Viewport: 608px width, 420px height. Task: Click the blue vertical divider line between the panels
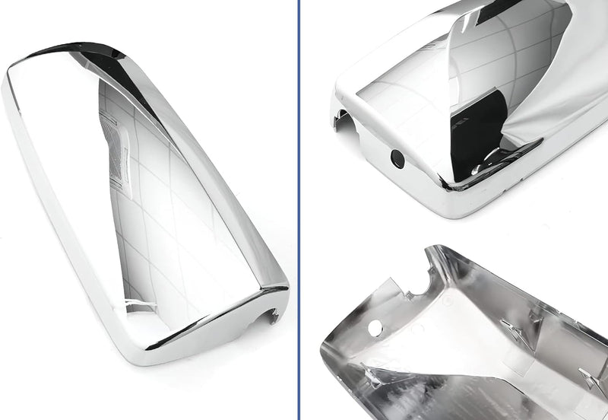[x=299, y=210]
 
